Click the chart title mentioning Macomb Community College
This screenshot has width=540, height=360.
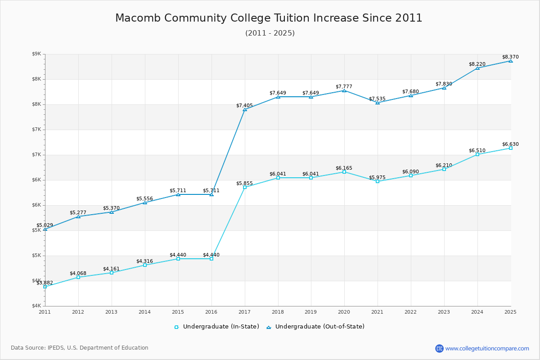pyautogui.click(x=269, y=18)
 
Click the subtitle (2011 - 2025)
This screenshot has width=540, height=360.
pyautogui.click(x=270, y=33)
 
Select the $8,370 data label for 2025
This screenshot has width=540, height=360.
pyautogui.click(x=510, y=57)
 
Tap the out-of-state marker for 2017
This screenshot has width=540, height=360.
pyautogui.click(x=245, y=109)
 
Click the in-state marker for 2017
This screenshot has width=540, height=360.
pyautogui.click(x=245, y=187)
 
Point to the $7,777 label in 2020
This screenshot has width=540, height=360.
pyautogui.click(x=344, y=87)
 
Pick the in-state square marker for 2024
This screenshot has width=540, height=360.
pyautogui.click(x=477, y=154)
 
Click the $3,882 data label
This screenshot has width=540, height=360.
pyautogui.click(x=45, y=283)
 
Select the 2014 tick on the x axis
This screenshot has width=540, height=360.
pyautogui.click(x=145, y=312)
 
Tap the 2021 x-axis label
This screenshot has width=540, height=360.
pyautogui.click(x=377, y=312)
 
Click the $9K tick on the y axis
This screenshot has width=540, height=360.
pyautogui.click(x=36, y=54)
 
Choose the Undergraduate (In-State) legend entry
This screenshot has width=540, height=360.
pyautogui.click(x=217, y=327)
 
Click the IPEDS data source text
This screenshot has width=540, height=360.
pyautogui.click(x=79, y=348)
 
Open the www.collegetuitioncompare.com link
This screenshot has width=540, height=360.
pyautogui.click(x=487, y=348)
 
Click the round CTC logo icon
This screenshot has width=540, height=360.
pyautogui.click(x=439, y=348)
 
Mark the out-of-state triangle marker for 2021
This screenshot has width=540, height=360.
pyautogui.click(x=378, y=103)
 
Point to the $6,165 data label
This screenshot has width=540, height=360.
pyautogui.click(x=344, y=168)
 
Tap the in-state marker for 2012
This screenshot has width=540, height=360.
pyautogui.click(x=78, y=277)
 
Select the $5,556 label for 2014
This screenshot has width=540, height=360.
pyautogui.click(x=144, y=199)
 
